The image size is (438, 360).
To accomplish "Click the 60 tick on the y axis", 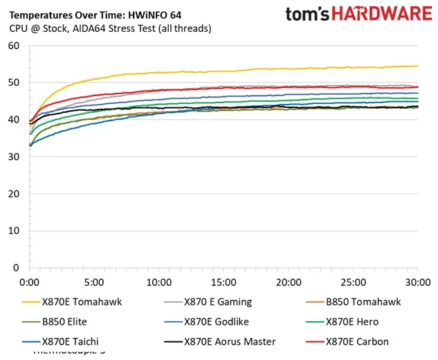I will pos(13,46).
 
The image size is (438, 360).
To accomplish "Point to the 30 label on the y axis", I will pos(13,156).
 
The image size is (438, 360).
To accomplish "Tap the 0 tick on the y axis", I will pos(16,267).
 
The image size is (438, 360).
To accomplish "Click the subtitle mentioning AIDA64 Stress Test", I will pos(111,28).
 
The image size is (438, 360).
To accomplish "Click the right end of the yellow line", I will pos(417,66).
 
